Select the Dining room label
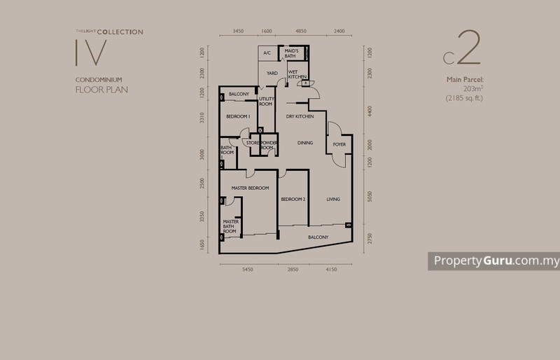(x=304, y=143)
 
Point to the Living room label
(x=333, y=200)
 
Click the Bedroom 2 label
(x=293, y=200)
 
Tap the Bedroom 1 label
(x=238, y=116)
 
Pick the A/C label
(x=267, y=53)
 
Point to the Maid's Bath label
(x=292, y=53)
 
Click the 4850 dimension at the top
(x=301, y=32)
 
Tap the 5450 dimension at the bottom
(x=247, y=269)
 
